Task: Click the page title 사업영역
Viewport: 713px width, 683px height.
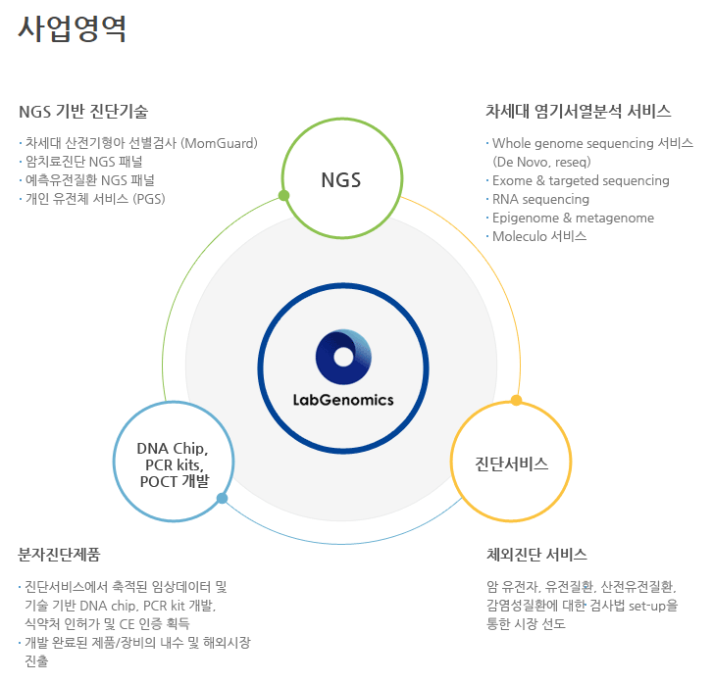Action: pos(72,28)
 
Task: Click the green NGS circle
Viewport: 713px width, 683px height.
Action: pos(340,180)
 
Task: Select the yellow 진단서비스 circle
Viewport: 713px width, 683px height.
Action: pos(510,463)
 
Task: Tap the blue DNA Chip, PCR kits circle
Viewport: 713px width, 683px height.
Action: pos(174,464)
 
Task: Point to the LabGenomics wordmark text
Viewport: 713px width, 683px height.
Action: pos(343,399)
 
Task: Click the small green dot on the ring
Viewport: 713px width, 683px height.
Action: pos(283,195)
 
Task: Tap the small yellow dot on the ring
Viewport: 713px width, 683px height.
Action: pos(516,400)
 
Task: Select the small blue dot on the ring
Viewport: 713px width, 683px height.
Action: pos(223,499)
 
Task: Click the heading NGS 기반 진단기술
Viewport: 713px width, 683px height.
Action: pos(83,111)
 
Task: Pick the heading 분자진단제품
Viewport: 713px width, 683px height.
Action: pos(59,555)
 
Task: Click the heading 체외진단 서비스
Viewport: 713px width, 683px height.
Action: pos(536,555)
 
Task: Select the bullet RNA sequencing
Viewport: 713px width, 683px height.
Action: pos(540,199)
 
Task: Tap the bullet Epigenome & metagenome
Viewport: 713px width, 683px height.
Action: pos(573,218)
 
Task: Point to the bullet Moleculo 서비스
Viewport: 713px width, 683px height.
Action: pos(538,236)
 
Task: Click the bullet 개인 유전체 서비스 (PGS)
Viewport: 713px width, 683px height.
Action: pos(95,199)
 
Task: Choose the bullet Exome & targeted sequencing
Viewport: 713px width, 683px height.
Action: pos(581,180)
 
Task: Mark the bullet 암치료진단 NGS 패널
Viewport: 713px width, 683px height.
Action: pos(89,162)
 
